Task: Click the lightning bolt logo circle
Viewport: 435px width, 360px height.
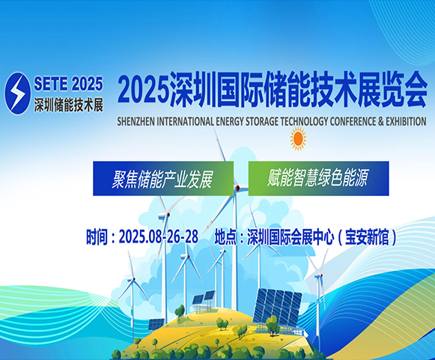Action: [17, 94]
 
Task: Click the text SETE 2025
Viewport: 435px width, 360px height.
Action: [68, 84]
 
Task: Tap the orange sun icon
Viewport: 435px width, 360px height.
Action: [298, 139]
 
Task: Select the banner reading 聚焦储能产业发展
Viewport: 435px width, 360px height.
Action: [163, 179]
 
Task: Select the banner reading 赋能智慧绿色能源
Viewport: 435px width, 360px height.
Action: [318, 179]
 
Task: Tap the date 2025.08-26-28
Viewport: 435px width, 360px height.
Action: [159, 237]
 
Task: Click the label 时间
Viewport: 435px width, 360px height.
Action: [97, 237]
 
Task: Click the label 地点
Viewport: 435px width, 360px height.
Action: [225, 237]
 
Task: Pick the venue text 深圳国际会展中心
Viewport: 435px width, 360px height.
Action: [290, 237]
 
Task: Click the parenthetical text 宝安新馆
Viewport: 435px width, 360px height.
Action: [367, 237]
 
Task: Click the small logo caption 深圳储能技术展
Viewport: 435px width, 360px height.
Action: [69, 105]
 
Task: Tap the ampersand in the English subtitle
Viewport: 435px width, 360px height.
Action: [374, 121]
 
